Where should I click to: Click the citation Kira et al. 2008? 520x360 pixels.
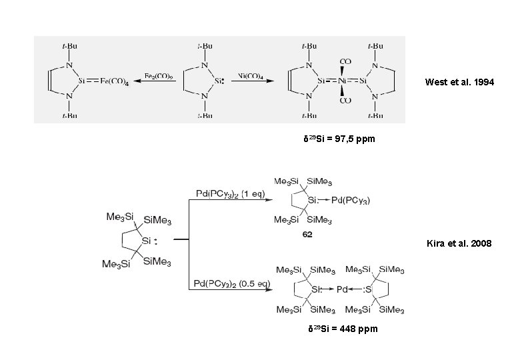(x=458, y=244)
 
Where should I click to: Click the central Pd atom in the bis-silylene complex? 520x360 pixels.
(x=342, y=289)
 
